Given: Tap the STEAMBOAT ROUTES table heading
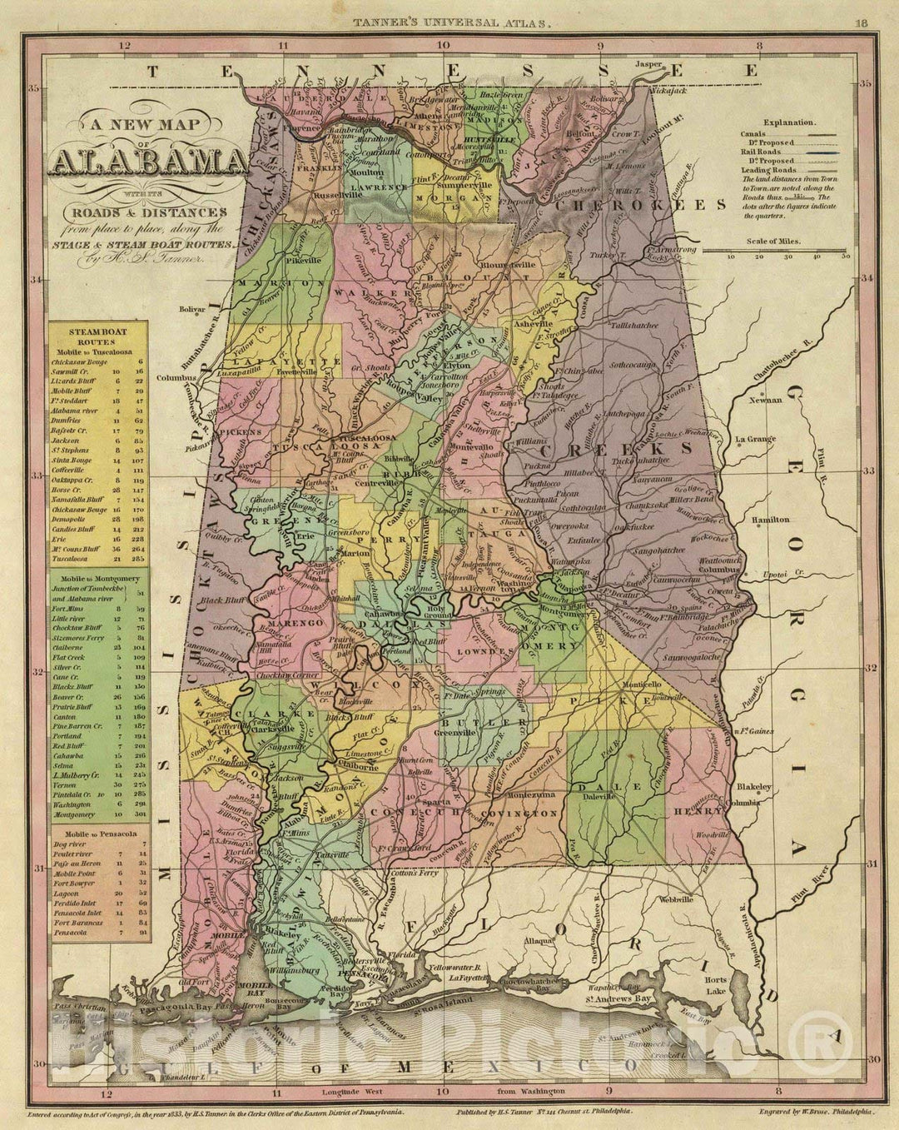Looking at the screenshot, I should [97, 336].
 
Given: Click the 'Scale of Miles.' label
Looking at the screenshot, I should [774, 241].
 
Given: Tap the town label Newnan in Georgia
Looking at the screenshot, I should [765, 400].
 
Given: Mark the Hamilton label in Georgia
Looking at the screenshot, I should [770, 520].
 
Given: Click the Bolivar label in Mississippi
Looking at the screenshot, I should [191, 309].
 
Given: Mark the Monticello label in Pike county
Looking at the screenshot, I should [643, 684].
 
